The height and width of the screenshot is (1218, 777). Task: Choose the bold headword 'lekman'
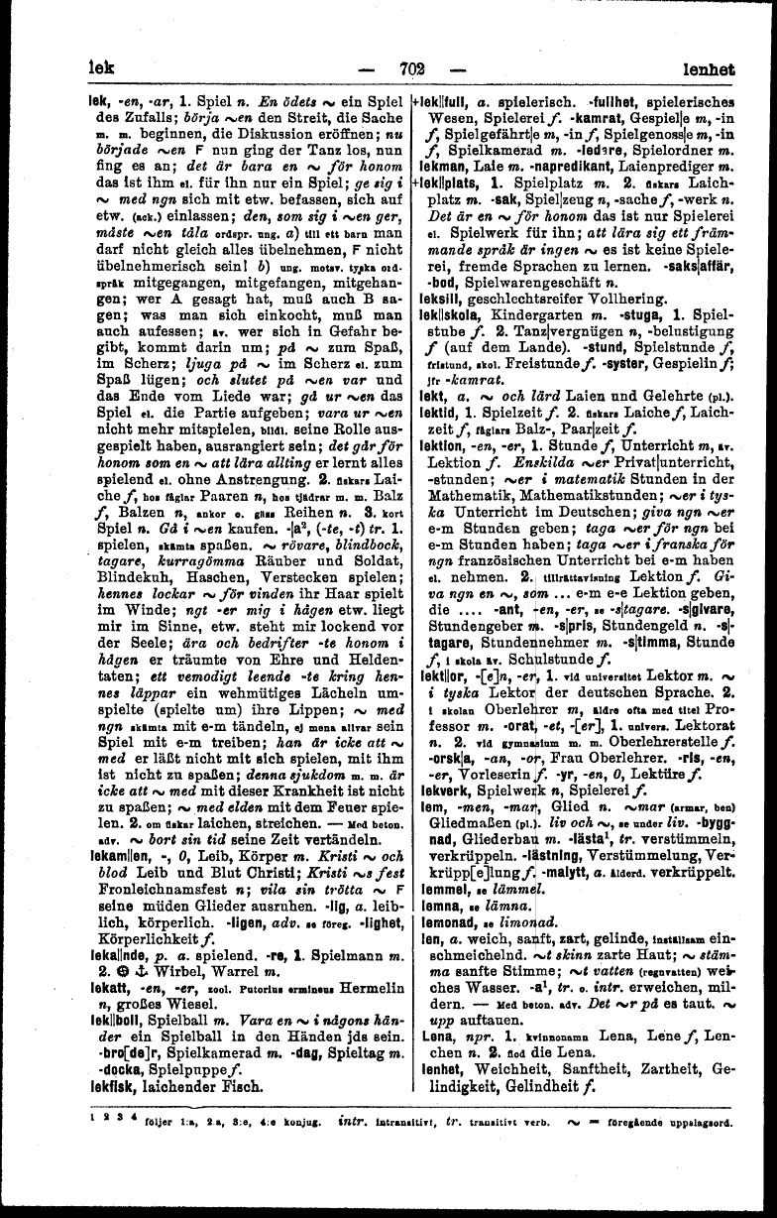coord(433,174)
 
